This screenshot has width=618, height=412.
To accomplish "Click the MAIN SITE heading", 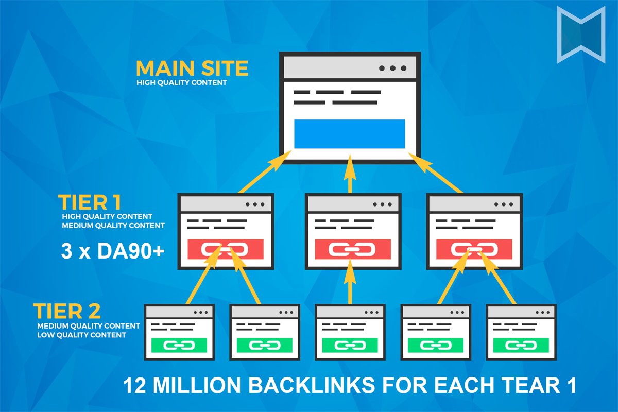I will tap(192, 68).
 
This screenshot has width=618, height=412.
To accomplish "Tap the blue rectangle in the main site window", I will tap(350, 134).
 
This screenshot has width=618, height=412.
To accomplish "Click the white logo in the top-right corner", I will tap(581, 35).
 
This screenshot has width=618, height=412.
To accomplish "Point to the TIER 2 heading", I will tap(67, 312).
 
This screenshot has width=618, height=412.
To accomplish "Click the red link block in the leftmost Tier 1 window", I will tap(226, 249).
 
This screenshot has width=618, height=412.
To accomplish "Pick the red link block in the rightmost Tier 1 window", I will tap(474, 249).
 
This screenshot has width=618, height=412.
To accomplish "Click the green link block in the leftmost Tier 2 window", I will tap(179, 345).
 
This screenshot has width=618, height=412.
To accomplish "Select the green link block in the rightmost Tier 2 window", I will tap(521, 345).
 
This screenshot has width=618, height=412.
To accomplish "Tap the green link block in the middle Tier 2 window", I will tap(350, 345).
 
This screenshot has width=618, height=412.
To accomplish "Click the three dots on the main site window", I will tap(392, 68).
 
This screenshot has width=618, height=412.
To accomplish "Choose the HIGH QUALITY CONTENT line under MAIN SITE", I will tap(181, 82).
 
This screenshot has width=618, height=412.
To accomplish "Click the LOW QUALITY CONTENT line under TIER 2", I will tap(81, 335).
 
